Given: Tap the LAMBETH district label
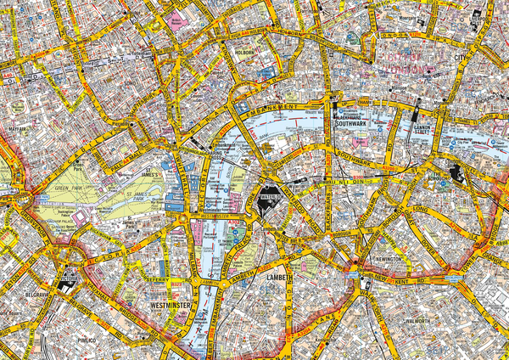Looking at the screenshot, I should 279,278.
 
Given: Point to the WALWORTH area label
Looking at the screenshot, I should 418,321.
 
